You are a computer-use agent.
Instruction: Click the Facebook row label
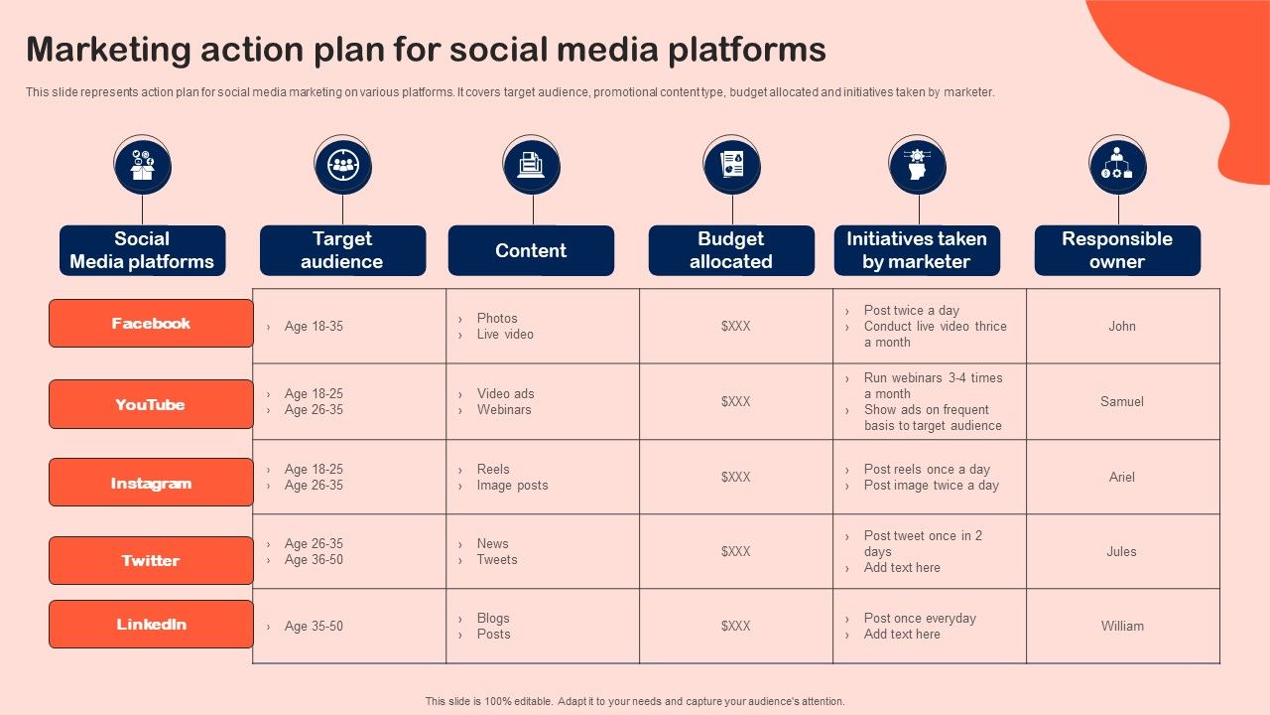click(151, 324)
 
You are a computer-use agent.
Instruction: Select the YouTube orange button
click(151, 404)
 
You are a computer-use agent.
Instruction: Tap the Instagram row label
click(151, 483)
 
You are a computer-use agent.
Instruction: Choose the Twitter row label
click(151, 561)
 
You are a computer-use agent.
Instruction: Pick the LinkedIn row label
click(151, 625)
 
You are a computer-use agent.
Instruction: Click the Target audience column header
click(342, 250)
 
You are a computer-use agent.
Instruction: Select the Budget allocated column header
click(731, 250)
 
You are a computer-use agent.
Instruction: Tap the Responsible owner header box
click(1117, 250)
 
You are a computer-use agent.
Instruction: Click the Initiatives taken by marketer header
click(917, 250)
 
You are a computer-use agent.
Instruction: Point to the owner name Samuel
click(1122, 402)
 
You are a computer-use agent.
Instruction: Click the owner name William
click(1122, 627)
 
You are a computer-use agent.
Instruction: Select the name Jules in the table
click(1122, 552)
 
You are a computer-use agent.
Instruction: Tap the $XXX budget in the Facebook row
click(735, 327)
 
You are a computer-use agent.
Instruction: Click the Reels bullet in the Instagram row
click(493, 470)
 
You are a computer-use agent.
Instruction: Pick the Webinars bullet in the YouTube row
click(504, 410)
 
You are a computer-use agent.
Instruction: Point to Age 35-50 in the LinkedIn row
click(314, 627)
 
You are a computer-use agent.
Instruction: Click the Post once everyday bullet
click(920, 619)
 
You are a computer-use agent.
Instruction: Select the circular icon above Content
click(531, 166)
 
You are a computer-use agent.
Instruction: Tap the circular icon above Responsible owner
click(1117, 166)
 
